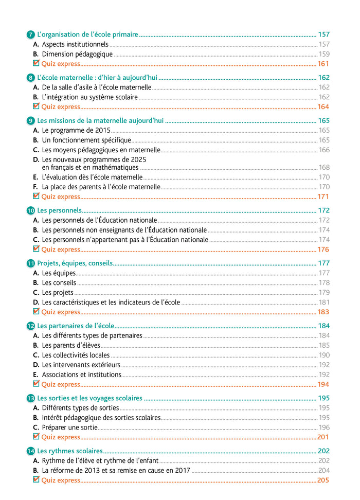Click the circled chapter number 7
[31, 35]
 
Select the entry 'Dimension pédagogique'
[77, 54]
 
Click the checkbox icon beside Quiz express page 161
[36, 63]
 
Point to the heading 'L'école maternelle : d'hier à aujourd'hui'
[97, 78]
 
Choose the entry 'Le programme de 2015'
[76, 131]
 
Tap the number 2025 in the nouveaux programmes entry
[138, 159]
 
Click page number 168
[324, 167]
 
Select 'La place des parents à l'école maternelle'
[101, 187]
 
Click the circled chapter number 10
[31, 211]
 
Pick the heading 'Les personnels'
[59, 210]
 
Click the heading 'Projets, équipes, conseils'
[75, 263]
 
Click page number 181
[324, 302]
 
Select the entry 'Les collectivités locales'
[76, 355]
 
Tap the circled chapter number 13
[31, 399]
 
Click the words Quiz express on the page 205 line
[61, 480]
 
